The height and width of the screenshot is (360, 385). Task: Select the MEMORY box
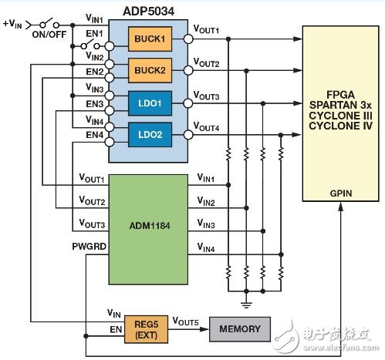(x=241, y=330)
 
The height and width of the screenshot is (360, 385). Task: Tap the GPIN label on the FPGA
(x=340, y=193)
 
